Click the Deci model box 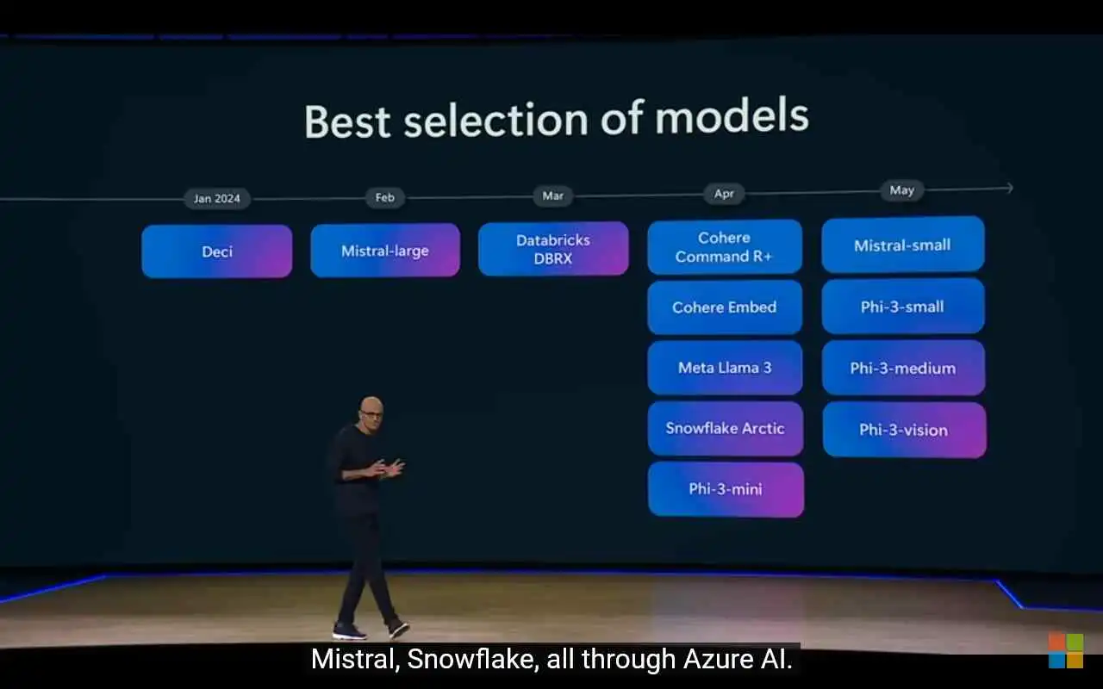[216, 251]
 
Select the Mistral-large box [385, 251]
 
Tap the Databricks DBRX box [553, 249]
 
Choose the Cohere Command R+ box [725, 246]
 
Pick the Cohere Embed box [725, 307]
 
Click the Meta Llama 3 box [725, 368]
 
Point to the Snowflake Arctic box [726, 428]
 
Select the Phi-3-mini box [726, 489]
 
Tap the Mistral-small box [902, 245]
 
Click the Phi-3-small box [902, 306]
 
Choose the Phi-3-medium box [903, 368]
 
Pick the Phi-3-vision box [904, 430]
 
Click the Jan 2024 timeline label [216, 199]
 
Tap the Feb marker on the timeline [385, 197]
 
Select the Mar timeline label [553, 196]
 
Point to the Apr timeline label [725, 194]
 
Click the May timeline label [902, 190]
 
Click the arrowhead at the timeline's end [1011, 188]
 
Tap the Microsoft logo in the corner [1066, 650]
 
